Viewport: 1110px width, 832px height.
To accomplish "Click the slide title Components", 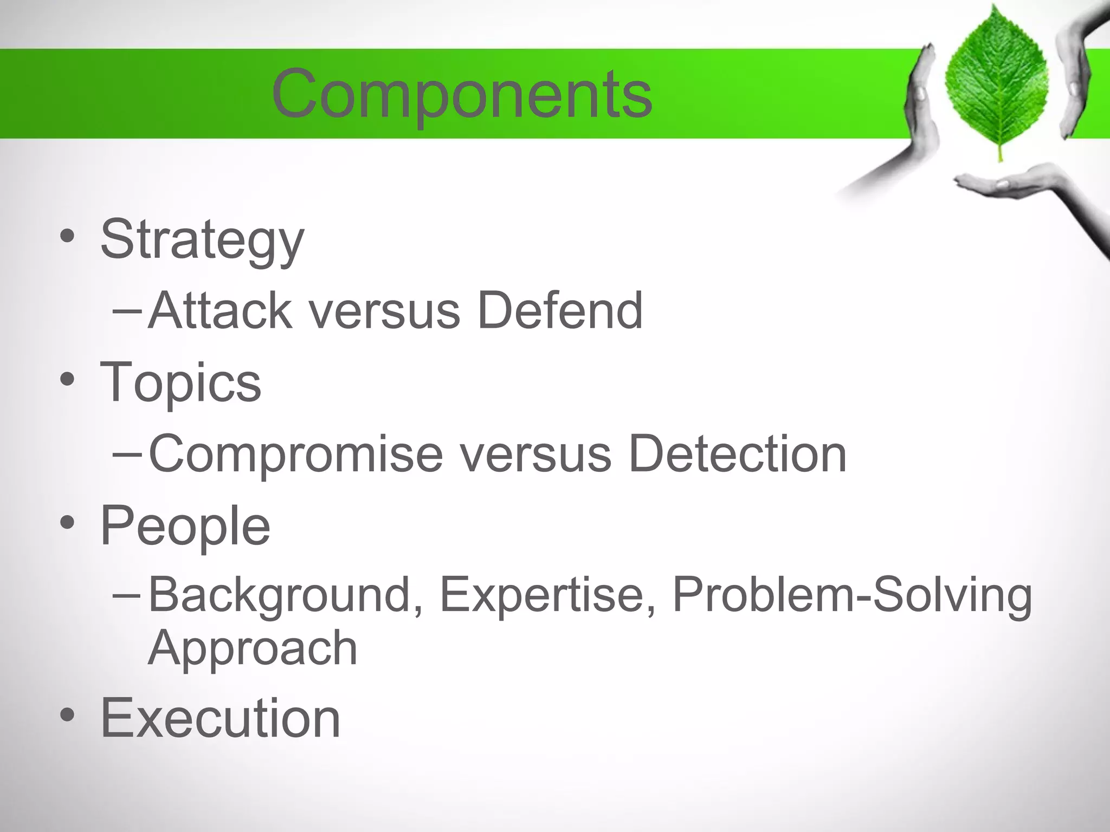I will pos(462,95).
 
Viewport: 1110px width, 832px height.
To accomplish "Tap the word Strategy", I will pos(202,240).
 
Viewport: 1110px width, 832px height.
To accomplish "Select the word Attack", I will pos(220,310).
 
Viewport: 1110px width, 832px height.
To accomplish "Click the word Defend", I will pos(560,310).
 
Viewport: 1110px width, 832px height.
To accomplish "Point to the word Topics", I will pos(180,383).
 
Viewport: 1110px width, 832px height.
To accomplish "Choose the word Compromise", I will pos(295,454).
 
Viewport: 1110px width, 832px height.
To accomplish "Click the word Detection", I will pos(737,454).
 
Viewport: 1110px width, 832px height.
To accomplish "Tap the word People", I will pos(185,525).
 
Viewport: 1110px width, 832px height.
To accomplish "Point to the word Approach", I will pos(253,648).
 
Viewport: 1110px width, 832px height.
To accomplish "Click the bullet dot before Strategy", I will pos(67,236).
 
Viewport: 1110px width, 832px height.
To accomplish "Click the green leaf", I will pos(996,81).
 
